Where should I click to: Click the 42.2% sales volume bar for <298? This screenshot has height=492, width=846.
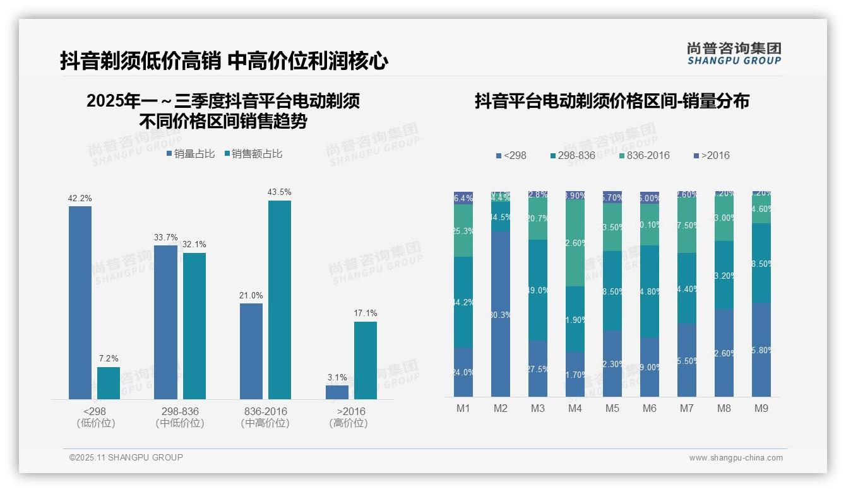click(80, 303)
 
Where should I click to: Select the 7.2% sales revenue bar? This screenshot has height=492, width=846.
click(109, 383)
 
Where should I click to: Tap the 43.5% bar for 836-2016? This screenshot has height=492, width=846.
click(280, 300)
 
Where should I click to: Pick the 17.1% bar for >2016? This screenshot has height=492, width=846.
click(366, 360)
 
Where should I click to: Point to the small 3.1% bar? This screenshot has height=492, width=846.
click(337, 392)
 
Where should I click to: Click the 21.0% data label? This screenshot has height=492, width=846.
click(251, 295)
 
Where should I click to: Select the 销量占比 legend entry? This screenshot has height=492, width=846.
click(191, 154)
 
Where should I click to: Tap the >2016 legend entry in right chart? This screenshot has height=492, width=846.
click(712, 155)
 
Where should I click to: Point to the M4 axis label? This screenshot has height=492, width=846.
click(575, 408)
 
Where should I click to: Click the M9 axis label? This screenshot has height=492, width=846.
click(761, 408)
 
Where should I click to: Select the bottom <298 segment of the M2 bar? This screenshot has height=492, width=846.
click(501, 313)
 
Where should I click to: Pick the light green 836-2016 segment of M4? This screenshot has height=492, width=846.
click(575, 243)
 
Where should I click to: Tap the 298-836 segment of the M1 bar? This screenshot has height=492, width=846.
click(463, 302)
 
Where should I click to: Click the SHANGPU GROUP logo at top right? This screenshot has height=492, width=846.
click(734, 53)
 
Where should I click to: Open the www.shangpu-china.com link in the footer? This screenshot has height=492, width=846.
click(736, 458)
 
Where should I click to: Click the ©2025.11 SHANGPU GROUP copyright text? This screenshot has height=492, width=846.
click(126, 457)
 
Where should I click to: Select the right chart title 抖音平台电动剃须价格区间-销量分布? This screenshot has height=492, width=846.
click(612, 101)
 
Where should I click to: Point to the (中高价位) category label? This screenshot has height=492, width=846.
click(265, 423)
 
